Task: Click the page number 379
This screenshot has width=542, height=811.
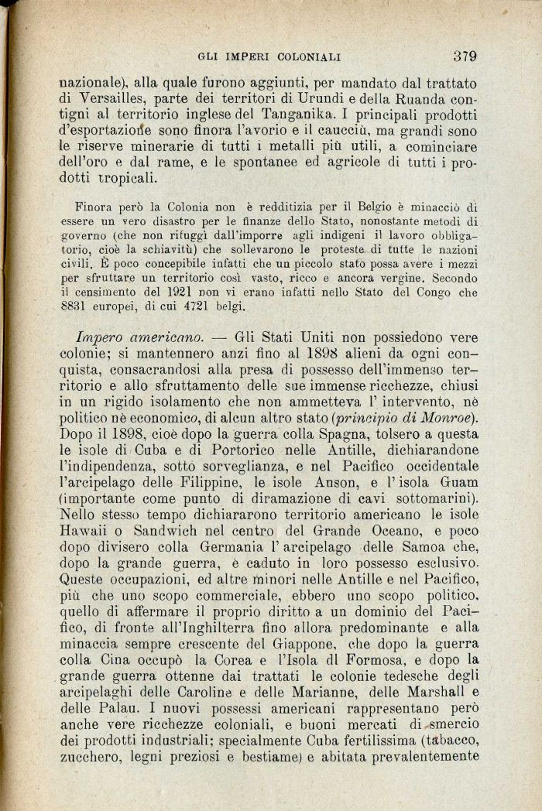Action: click(x=465, y=56)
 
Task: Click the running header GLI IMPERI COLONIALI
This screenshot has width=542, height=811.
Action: click(x=270, y=56)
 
